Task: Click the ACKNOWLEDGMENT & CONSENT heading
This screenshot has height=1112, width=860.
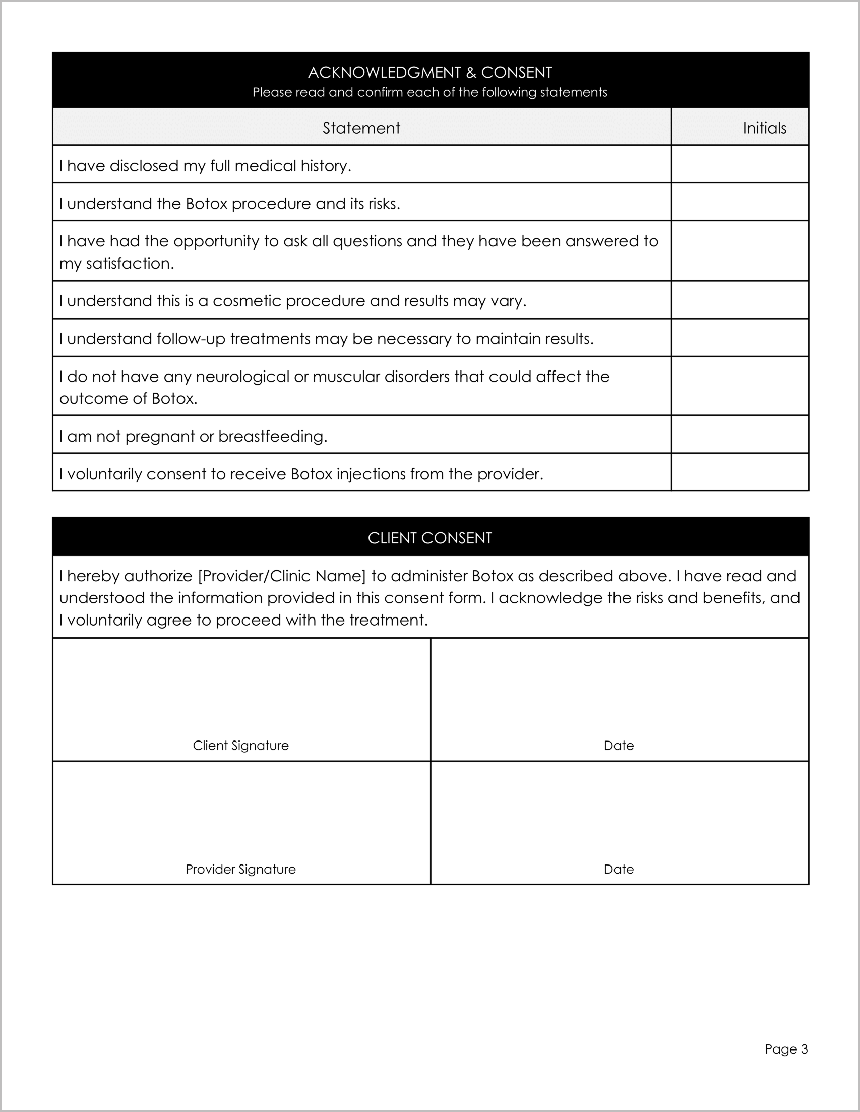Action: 429,72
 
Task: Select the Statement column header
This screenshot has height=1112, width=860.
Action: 361,128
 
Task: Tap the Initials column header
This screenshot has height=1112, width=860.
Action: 764,128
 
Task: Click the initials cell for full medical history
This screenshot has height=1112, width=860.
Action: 740,164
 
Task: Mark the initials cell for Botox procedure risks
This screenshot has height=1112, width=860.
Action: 740,202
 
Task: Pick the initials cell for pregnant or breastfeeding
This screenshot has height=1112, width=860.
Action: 740,435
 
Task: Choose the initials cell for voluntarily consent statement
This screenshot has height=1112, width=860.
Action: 740,472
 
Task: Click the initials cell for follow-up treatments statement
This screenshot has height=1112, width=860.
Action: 740,338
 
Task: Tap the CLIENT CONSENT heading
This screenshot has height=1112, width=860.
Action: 429,538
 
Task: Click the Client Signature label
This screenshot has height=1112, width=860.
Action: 240,746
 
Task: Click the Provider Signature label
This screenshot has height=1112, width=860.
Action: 240,869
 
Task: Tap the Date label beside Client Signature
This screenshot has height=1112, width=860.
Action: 619,746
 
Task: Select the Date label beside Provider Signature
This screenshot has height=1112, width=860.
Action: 619,869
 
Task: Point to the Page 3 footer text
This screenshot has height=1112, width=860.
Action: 786,1049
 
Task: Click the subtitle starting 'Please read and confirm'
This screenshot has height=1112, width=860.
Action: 429,93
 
